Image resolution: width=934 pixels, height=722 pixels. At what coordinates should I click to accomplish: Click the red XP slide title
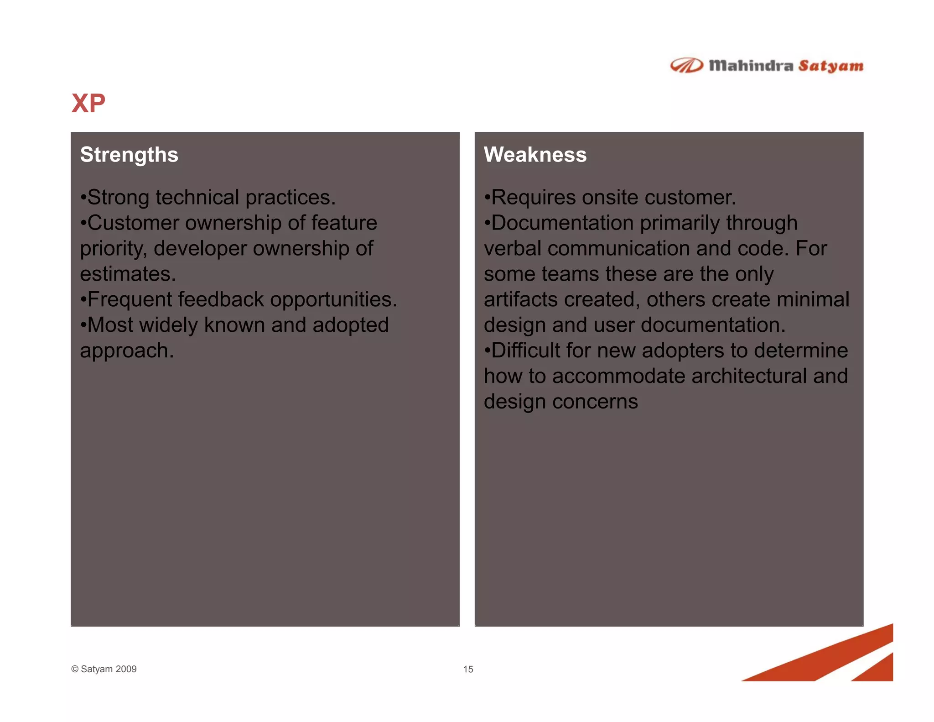click(88, 103)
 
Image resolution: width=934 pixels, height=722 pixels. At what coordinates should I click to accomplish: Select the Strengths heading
click(129, 155)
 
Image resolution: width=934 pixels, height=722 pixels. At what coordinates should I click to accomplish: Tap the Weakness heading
click(535, 155)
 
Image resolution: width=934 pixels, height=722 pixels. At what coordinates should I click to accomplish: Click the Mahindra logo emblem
click(686, 66)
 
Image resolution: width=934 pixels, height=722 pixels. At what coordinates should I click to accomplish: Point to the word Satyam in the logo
click(830, 66)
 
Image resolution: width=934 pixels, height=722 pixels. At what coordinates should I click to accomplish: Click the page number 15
click(468, 669)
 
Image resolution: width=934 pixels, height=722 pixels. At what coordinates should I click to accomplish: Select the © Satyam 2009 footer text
click(104, 669)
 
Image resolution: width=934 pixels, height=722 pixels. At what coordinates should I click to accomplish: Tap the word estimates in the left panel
click(127, 274)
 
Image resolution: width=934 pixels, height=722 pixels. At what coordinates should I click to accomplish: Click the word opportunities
click(333, 300)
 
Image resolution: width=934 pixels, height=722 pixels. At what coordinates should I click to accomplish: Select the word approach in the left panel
click(126, 351)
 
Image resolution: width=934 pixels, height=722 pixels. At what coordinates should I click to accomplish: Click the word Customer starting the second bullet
click(133, 223)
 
